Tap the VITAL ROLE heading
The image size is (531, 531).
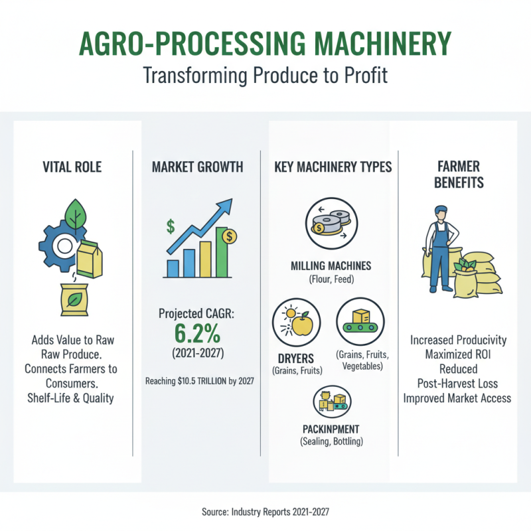pyautogui.click(x=73, y=167)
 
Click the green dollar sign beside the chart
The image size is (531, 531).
pyautogui.click(x=171, y=226)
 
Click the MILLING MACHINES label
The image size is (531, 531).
pyautogui.click(x=331, y=267)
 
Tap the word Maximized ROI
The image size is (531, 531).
pyautogui.click(x=458, y=354)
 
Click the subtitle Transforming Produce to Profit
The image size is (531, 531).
pyautogui.click(x=265, y=76)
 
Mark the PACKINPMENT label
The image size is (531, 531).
pyautogui.click(x=331, y=429)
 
